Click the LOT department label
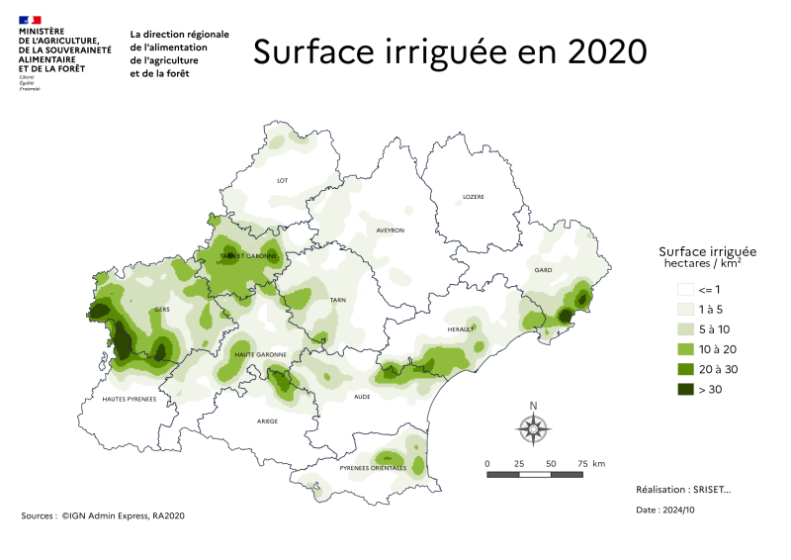pyautogui.click(x=282, y=181)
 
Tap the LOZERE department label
pyautogui.click(x=474, y=197)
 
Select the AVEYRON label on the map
pyautogui.click(x=391, y=231)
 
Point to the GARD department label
pyautogui.click(x=542, y=269)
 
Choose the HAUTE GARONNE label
pyautogui.click(x=260, y=354)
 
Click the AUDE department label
pyautogui.click(x=362, y=397)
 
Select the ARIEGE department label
pyautogui.click(x=268, y=420)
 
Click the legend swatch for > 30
pyautogui.click(x=684, y=389)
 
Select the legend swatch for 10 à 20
pyautogui.click(x=684, y=349)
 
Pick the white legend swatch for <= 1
pyautogui.click(x=684, y=290)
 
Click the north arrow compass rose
pyautogui.click(x=533, y=427)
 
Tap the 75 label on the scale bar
pyautogui.click(x=582, y=463)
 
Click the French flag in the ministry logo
pyautogui.click(x=30, y=19)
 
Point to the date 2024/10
pyautogui.click(x=678, y=510)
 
